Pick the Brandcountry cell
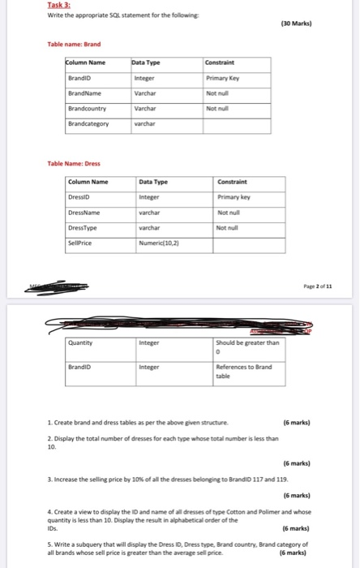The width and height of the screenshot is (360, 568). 87,108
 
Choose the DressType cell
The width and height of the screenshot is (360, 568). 84,227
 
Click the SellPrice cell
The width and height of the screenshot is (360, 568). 82,243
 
